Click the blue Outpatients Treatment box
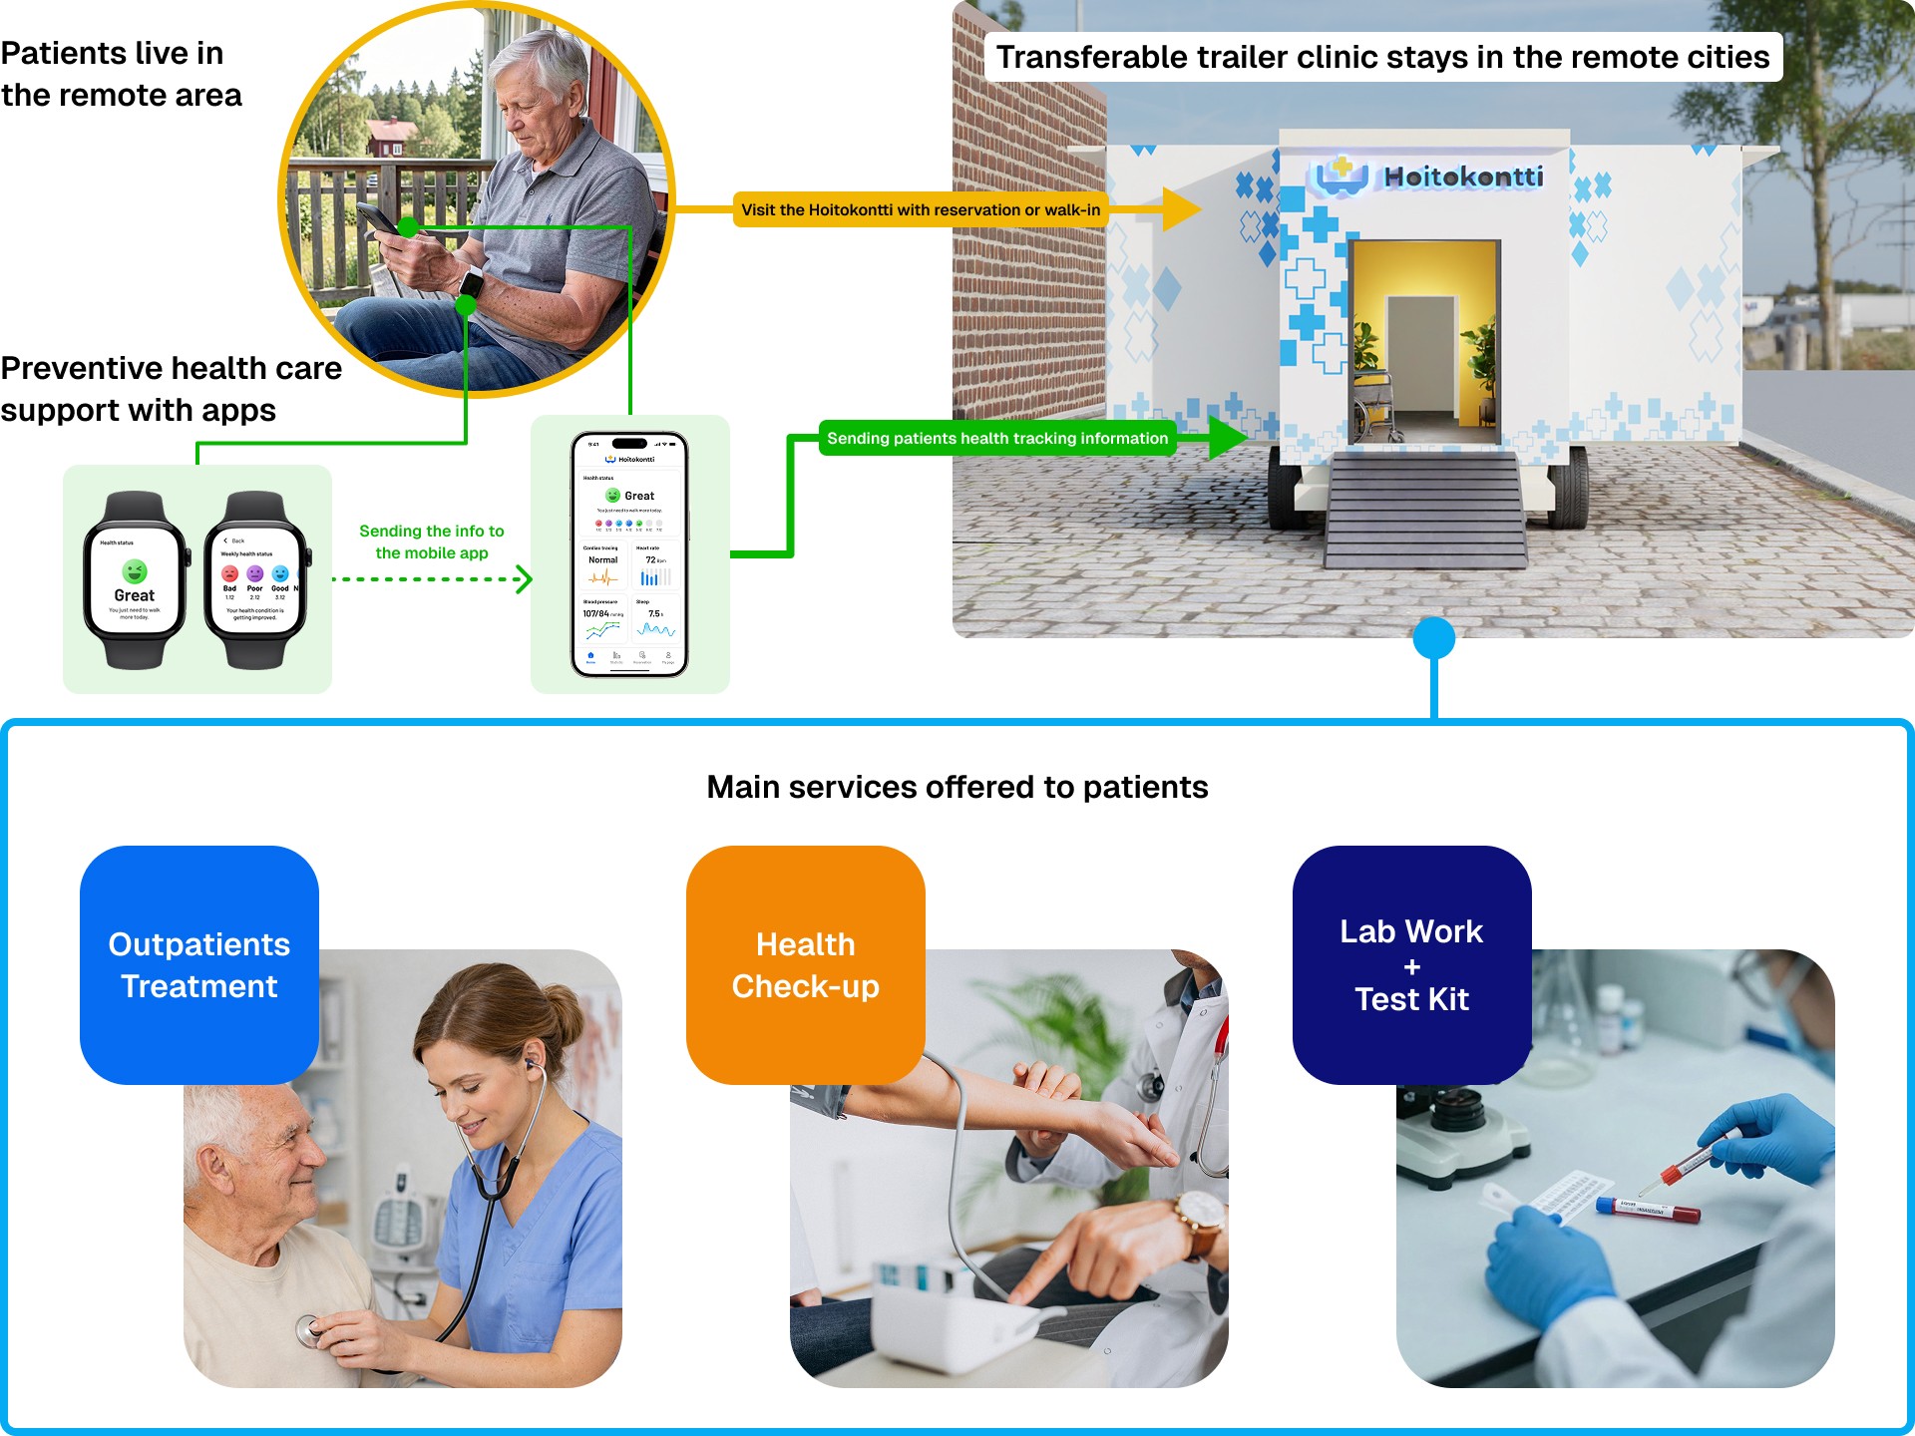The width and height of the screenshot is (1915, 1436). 199,964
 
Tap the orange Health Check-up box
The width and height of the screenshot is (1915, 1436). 805,964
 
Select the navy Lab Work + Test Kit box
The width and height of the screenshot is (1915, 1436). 1411,964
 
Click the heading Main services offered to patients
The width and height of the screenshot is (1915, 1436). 957,787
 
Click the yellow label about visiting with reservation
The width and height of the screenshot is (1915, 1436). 920,209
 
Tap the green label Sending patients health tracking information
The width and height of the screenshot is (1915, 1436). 996,438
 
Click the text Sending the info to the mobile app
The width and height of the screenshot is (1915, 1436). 432,541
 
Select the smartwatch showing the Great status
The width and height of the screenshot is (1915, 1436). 135,580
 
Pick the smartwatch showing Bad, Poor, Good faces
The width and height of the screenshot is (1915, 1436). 256,580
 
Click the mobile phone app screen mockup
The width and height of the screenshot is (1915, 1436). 629,554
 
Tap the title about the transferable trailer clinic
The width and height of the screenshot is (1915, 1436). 1382,57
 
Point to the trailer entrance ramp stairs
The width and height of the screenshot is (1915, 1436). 1425,509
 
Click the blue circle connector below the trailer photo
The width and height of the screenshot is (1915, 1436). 1433,637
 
